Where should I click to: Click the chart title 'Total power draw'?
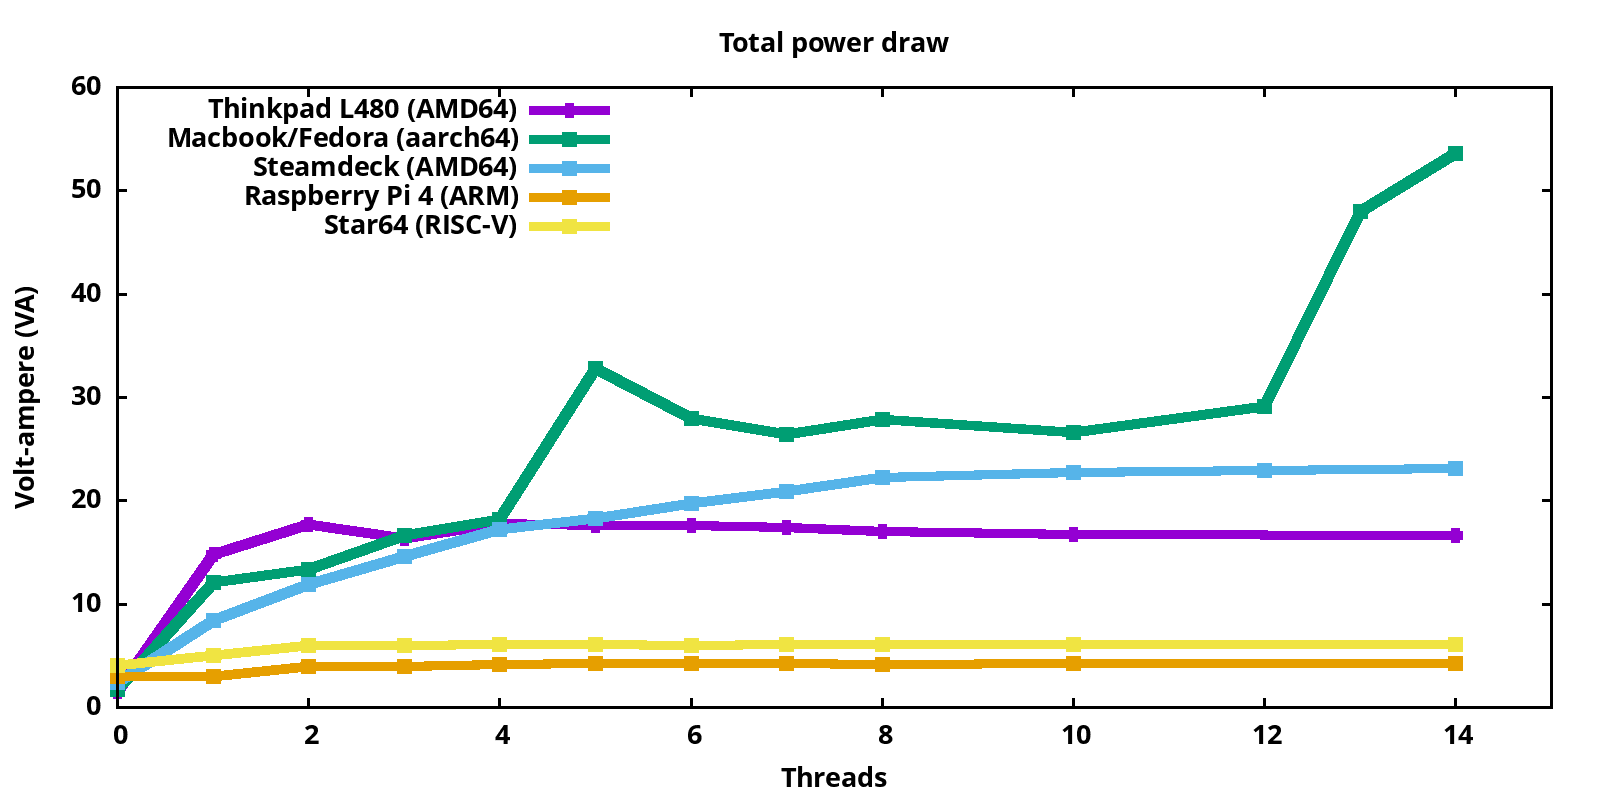tap(833, 43)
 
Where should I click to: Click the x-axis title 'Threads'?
tap(833, 777)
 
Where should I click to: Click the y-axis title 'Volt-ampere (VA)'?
tap(25, 397)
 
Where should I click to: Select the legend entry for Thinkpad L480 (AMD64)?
tap(362, 109)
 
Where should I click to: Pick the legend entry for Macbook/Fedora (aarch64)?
tap(342, 138)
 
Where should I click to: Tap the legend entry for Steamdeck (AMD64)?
tap(385, 167)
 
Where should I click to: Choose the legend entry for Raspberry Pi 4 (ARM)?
tap(381, 196)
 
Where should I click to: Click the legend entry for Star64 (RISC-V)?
tap(420, 225)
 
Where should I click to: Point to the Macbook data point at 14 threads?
tap(1455, 153)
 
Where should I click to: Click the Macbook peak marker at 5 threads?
tap(596, 368)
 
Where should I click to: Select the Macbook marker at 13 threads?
tap(1360, 211)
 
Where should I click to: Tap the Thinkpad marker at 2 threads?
tap(309, 524)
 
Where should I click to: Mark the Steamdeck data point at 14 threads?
tap(1455, 468)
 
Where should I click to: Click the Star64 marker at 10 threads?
tap(1073, 644)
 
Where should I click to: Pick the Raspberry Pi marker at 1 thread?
tap(213, 676)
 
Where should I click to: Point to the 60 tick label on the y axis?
tap(87, 87)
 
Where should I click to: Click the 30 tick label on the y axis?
tap(87, 397)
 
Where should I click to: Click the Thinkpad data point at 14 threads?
tap(1455, 535)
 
